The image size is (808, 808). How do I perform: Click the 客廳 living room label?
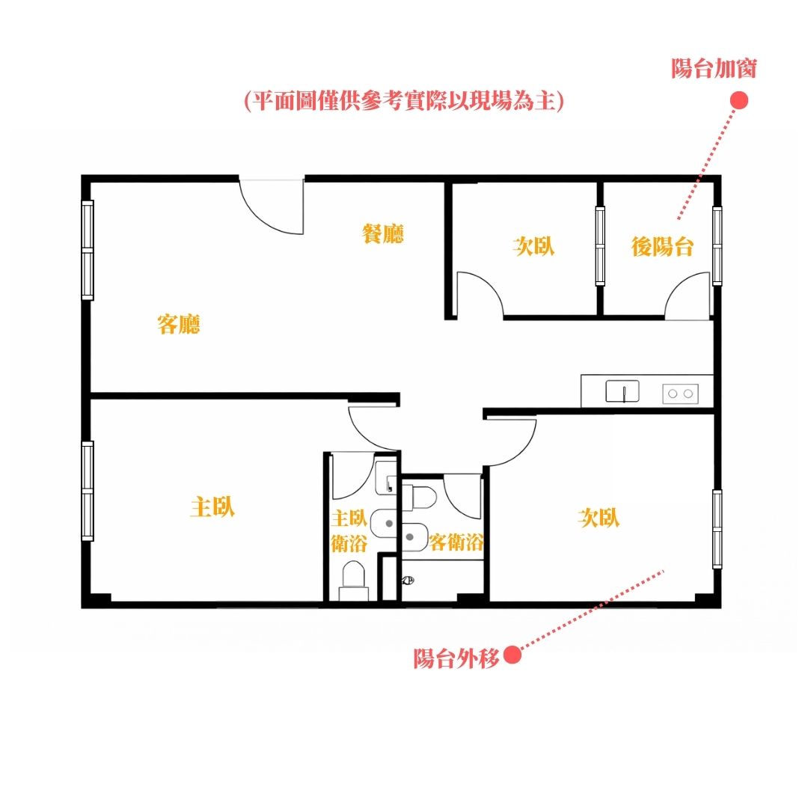pyautogui.click(x=178, y=324)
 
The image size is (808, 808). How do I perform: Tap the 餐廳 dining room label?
pyautogui.click(x=383, y=233)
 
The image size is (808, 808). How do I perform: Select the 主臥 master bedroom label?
pyautogui.click(x=212, y=506)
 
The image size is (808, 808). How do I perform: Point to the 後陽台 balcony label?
pyautogui.click(x=662, y=246)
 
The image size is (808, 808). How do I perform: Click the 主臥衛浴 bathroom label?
pyautogui.click(x=349, y=530)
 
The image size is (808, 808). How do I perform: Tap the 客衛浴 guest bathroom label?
pyautogui.click(x=456, y=542)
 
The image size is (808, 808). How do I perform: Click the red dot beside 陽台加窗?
pyautogui.click(x=739, y=100)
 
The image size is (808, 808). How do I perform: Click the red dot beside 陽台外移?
pyautogui.click(x=512, y=655)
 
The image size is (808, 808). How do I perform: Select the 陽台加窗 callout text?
pyautogui.click(x=714, y=69)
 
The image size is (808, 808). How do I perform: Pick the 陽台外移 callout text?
pyautogui.click(x=456, y=658)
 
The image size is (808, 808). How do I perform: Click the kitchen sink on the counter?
pyautogui.click(x=622, y=391)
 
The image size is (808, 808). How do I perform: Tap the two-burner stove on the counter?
pyautogui.click(x=680, y=394)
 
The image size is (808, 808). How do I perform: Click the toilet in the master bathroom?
pyautogui.click(x=353, y=581)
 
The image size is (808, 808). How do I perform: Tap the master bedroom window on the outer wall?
pyautogui.click(x=88, y=491)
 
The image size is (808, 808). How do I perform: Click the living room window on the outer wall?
pyautogui.click(x=88, y=250)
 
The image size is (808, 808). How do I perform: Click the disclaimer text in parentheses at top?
pyautogui.click(x=404, y=100)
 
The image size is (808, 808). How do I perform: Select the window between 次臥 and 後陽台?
pyautogui.click(x=600, y=246)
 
